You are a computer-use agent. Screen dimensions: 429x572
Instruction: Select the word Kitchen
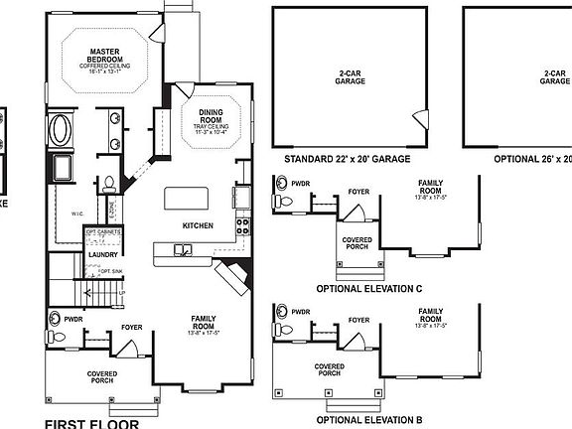[x=199, y=225]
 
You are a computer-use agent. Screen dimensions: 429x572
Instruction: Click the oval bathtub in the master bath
[x=62, y=129]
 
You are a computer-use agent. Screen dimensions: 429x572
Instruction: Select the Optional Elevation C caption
[x=369, y=288]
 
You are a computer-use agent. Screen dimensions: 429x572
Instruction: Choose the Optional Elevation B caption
[x=369, y=420]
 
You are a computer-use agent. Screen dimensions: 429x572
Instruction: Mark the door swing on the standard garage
[x=419, y=119]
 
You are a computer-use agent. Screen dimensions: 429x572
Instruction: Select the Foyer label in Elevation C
[x=359, y=185]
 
